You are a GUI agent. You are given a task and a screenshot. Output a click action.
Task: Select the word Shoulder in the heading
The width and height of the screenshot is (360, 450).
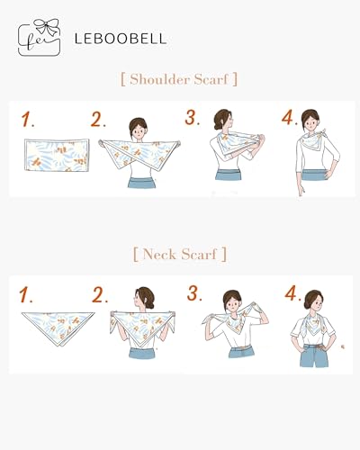tap(163, 78)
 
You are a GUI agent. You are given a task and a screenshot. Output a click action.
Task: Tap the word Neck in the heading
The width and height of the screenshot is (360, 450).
tap(163, 254)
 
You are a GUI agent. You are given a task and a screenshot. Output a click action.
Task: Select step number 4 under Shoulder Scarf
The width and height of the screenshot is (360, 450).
tap(288, 118)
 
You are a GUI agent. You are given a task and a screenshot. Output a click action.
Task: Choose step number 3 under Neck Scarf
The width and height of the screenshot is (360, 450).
tap(194, 293)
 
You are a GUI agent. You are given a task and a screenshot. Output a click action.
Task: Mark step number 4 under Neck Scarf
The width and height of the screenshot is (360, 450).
tap(291, 293)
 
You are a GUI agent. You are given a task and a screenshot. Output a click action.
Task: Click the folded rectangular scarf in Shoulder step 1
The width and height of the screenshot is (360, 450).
tap(54, 154)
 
